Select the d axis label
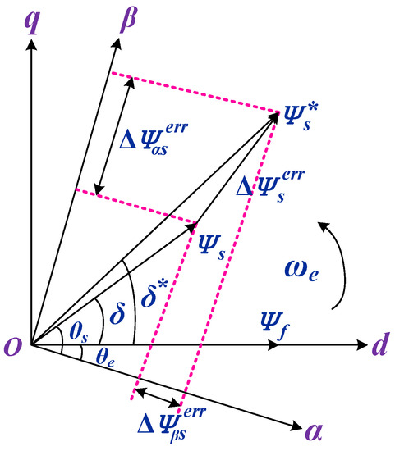(x=379, y=347)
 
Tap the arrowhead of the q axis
(x=31, y=44)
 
